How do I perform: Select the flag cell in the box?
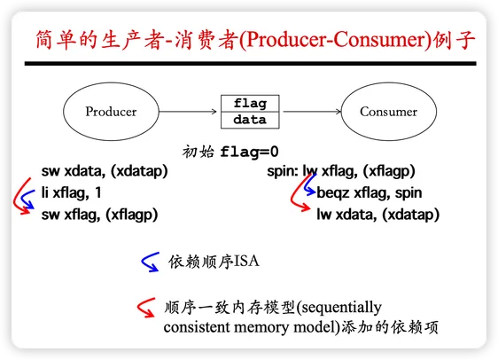click(250, 103)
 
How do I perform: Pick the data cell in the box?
click(250, 120)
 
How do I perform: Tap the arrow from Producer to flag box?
click(188, 112)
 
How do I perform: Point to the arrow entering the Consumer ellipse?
click(312, 112)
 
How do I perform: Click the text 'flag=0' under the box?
click(249, 152)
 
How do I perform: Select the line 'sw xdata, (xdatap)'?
click(105, 171)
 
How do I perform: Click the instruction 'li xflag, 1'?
click(71, 193)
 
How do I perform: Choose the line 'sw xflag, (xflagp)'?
click(100, 215)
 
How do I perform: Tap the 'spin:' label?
click(283, 171)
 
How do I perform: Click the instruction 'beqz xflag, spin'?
click(370, 193)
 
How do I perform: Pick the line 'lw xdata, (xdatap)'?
click(378, 215)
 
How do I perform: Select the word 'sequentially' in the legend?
click(341, 308)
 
